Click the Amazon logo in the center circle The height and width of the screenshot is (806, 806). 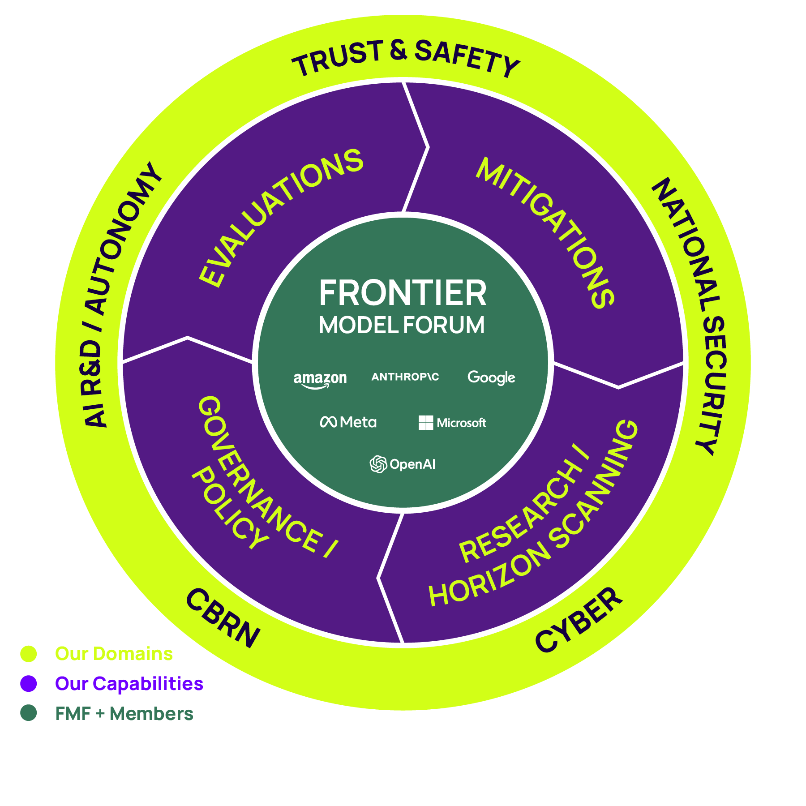point(320,379)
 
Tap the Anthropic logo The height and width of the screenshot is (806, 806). point(405,377)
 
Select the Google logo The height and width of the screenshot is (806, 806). point(491,377)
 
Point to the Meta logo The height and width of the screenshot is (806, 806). point(348,422)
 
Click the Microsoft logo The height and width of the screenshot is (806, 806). point(452,422)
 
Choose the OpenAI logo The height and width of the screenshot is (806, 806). point(403,464)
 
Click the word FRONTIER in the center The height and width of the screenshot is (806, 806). point(403,293)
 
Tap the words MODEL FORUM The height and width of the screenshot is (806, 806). point(402,325)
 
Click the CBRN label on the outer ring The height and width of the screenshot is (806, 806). point(223,618)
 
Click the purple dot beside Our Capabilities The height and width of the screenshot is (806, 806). point(29,683)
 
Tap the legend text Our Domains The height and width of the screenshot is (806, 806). point(114,654)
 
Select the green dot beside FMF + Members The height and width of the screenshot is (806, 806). point(29,713)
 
